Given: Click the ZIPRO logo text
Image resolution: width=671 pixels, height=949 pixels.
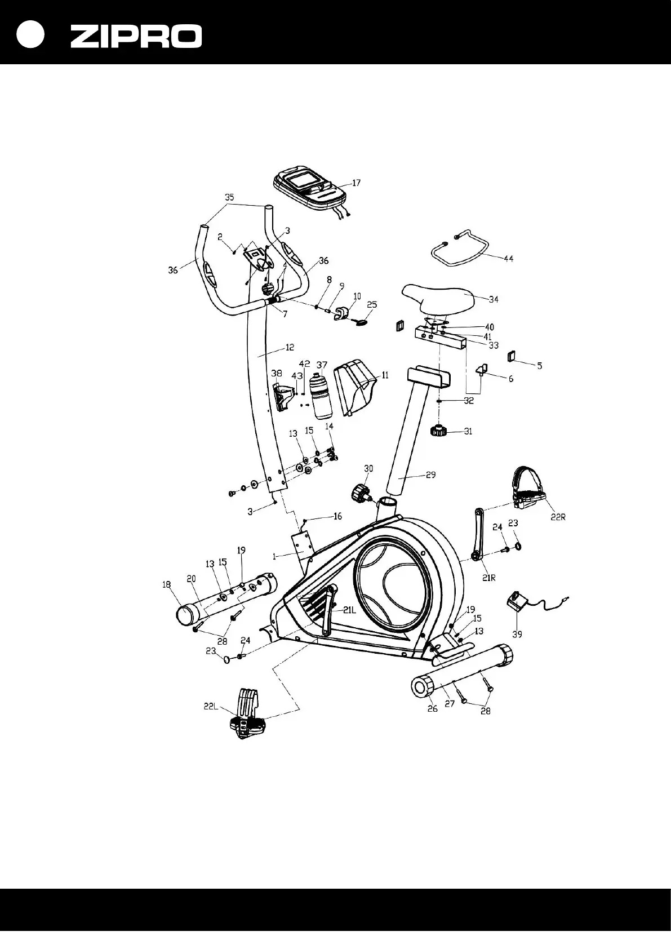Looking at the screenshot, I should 136,37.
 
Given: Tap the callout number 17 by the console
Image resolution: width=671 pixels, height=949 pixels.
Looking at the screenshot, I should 356,183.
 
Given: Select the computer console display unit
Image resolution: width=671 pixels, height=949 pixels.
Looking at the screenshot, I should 309,189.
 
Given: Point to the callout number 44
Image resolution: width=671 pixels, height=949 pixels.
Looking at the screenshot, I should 508,258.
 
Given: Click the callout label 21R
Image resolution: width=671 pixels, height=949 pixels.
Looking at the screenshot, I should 488,578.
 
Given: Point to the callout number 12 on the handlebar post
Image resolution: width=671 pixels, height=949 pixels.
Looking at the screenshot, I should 289,348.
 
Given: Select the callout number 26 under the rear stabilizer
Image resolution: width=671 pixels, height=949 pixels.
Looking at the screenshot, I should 432,708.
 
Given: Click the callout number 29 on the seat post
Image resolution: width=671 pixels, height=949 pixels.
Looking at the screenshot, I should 430,475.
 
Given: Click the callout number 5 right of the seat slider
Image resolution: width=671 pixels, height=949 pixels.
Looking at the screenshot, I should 539,366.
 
